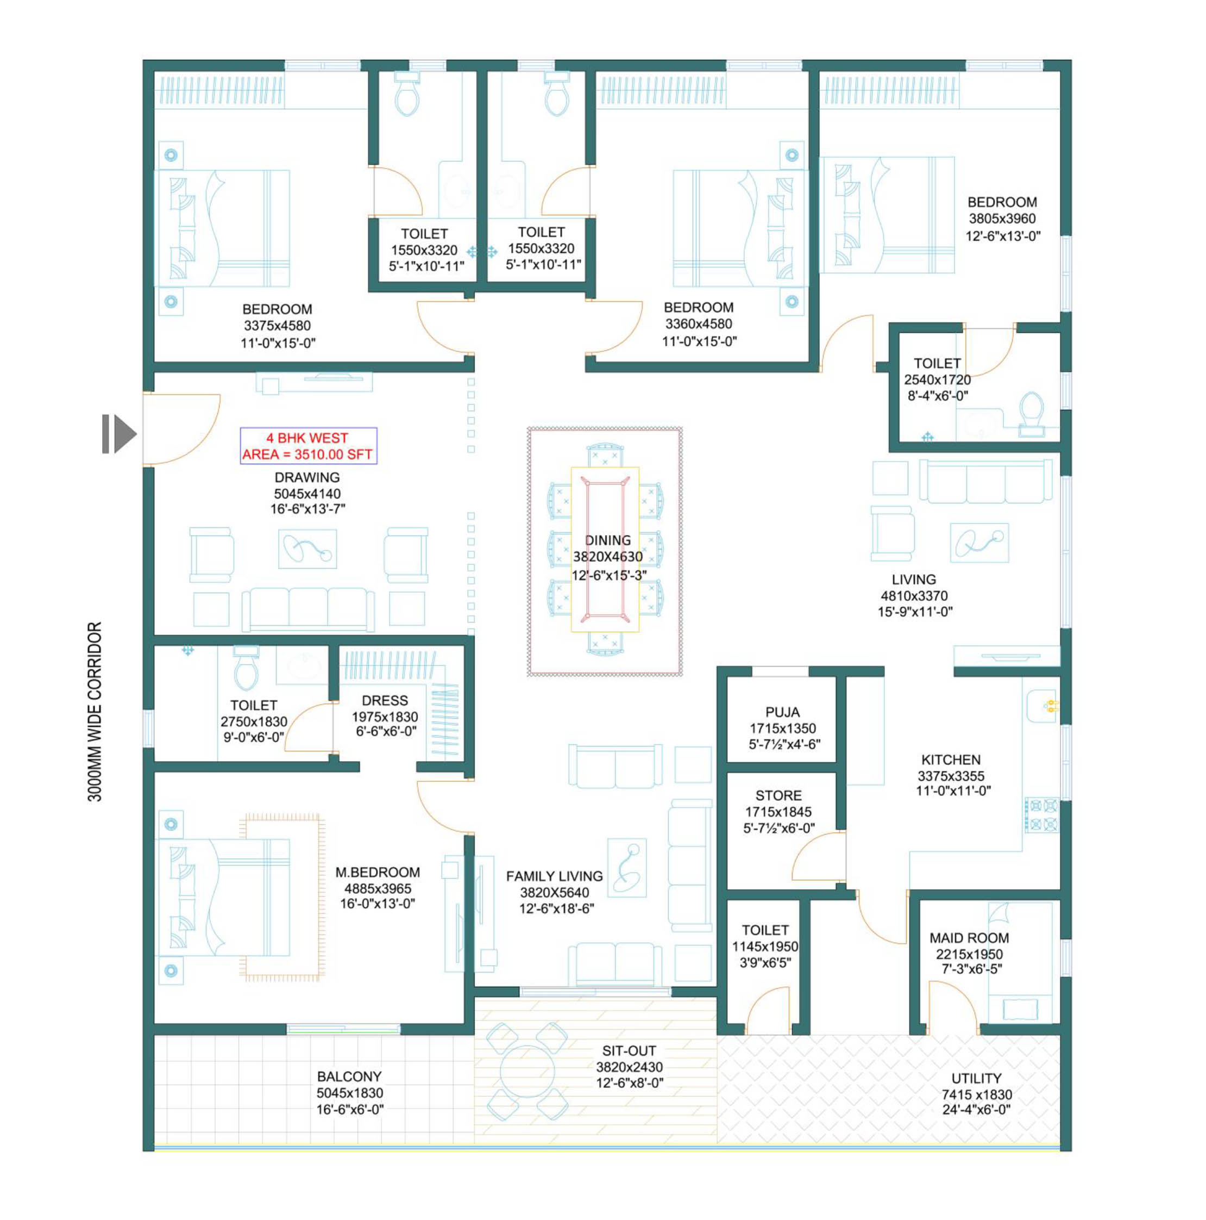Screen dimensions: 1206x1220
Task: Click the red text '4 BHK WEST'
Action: point(307,438)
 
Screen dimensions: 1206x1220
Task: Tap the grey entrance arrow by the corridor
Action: point(120,434)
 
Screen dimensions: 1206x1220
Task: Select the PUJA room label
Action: point(783,712)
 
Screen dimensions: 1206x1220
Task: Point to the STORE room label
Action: point(779,795)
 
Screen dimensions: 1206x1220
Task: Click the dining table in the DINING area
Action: point(605,549)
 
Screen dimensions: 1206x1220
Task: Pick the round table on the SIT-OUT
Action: point(527,1071)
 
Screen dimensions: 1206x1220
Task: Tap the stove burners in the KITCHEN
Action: point(1042,814)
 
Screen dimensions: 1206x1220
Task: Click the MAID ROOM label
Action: point(969,938)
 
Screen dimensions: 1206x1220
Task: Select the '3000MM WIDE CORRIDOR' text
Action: point(95,712)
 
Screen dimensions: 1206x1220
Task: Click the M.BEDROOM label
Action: point(378,872)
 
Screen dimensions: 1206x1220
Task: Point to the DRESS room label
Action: point(385,700)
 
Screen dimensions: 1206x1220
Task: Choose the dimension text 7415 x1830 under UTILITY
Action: point(976,1094)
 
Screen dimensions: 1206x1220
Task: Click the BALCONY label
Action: point(349,1076)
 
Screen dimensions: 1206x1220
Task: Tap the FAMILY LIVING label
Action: point(554,876)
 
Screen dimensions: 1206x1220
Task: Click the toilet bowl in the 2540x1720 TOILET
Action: point(1031,414)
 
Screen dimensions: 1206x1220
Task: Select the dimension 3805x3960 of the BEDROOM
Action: point(1002,219)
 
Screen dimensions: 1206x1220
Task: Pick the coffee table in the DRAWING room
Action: point(307,549)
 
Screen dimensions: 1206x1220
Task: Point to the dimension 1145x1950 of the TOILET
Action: point(765,946)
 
